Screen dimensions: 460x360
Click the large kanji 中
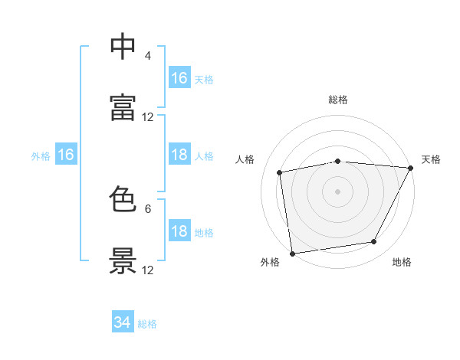pos(123,46)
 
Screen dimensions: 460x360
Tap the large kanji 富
pos(123,107)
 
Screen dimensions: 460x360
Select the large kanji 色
pos(123,198)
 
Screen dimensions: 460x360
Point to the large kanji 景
pos(123,260)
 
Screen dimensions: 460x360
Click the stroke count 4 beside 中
pos(147,55)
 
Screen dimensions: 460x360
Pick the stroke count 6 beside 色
pos(148,209)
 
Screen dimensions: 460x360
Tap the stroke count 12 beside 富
pos(147,117)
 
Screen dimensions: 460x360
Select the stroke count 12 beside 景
pos(147,270)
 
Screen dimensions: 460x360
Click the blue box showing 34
pos(123,321)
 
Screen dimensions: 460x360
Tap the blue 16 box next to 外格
pos(66,154)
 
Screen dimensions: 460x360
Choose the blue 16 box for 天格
pos(179,77)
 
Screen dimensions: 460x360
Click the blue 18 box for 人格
pos(179,154)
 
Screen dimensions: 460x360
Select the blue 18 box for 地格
pos(179,230)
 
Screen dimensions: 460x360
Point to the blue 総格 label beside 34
pos(147,324)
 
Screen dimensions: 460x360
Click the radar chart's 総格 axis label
pos(338,100)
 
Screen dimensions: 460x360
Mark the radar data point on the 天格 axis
pos(411,168)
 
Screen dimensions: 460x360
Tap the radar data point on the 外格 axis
pos(292,254)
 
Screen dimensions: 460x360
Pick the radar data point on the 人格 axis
pos(279,172)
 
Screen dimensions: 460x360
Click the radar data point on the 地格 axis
pos(374,241)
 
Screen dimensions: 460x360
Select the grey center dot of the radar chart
pos(337,191)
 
